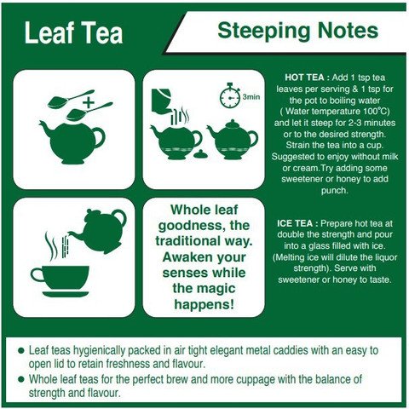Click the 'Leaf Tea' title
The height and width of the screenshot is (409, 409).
click(73, 33)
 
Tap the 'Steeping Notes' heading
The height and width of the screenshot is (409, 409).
click(297, 32)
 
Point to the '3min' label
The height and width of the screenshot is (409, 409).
click(251, 98)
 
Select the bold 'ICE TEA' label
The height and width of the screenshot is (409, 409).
click(296, 223)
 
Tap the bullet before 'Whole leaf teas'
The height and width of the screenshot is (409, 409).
click(20, 378)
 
